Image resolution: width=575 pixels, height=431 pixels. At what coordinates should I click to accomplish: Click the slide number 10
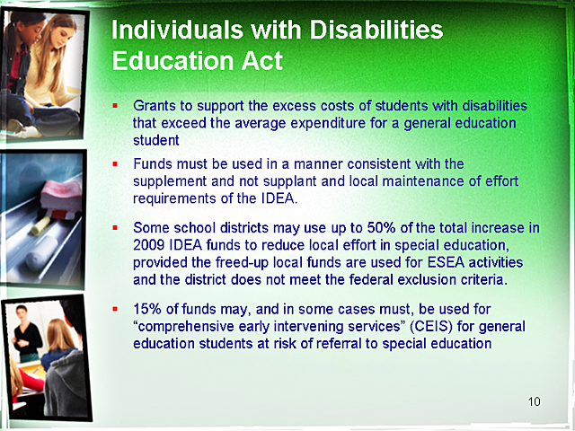(x=535, y=400)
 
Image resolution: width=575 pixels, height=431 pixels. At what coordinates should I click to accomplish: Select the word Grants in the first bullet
(x=154, y=105)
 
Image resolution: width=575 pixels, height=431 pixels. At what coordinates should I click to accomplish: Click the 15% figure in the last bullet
(x=147, y=309)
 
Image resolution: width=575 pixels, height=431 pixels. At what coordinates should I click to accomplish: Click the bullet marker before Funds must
(x=116, y=164)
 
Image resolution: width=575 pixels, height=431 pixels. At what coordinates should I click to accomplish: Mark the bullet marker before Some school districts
(x=116, y=228)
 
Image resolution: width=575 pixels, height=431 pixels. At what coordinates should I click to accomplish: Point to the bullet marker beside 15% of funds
(x=116, y=309)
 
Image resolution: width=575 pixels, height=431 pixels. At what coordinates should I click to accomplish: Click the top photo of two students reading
(x=45, y=72)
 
